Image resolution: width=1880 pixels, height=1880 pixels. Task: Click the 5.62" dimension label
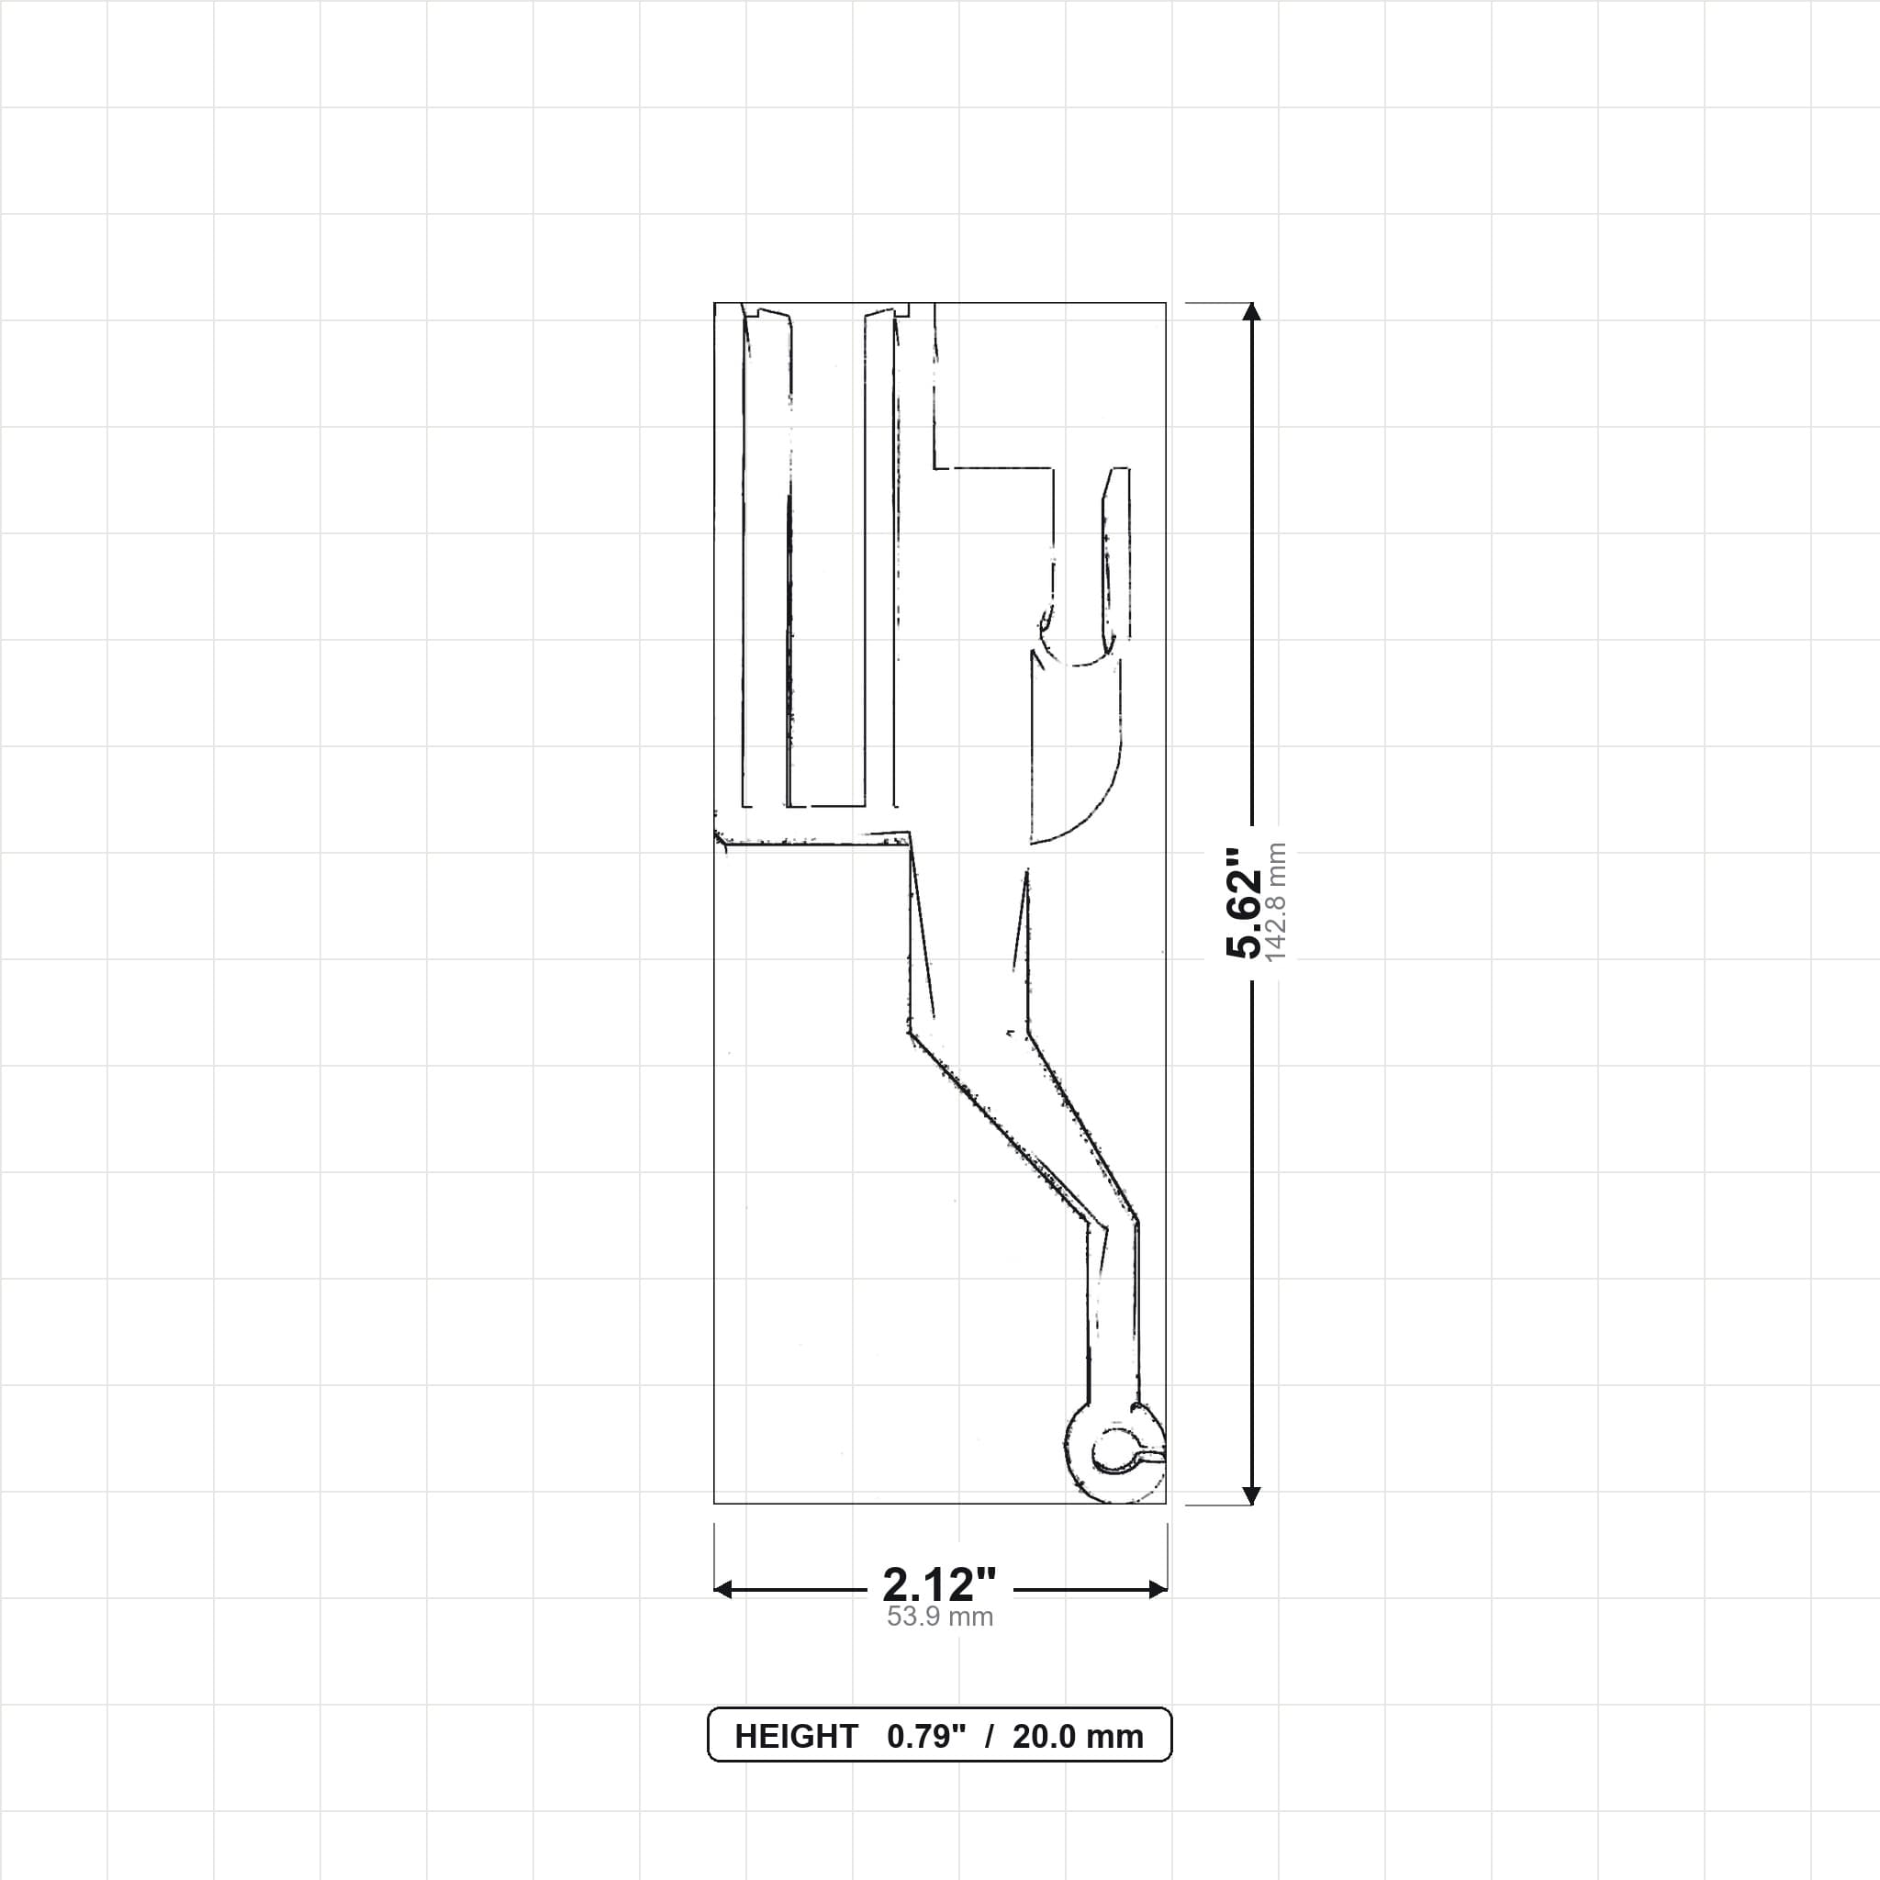click(1245, 902)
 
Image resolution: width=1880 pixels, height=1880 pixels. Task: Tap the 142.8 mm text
click(1277, 902)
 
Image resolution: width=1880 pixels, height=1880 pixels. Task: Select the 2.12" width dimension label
click(939, 1585)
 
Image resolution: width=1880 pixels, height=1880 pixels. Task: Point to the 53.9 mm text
click(940, 1617)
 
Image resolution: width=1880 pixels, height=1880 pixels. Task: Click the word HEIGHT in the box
click(796, 1737)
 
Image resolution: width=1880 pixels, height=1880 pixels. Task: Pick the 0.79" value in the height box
click(926, 1737)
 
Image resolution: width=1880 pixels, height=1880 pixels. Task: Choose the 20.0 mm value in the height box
click(1079, 1737)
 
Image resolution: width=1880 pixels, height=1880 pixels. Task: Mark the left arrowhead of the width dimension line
click(723, 1590)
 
